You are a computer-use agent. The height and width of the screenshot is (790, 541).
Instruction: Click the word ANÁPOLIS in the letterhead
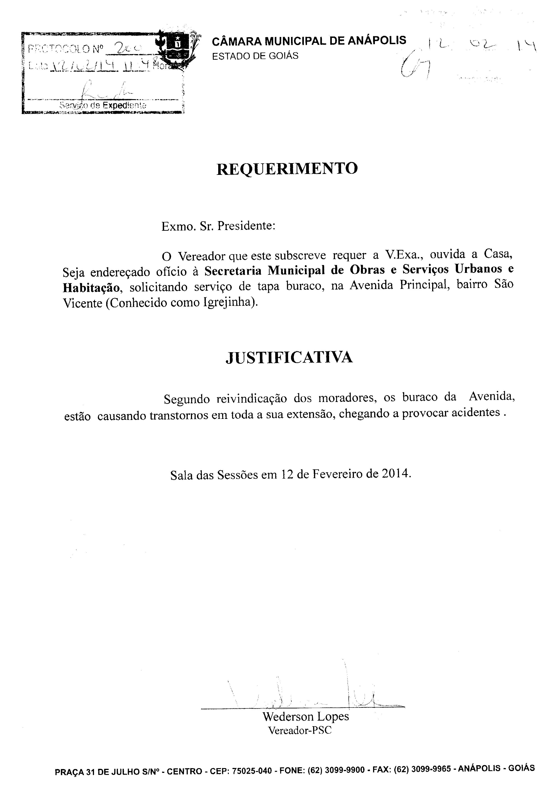point(377,41)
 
